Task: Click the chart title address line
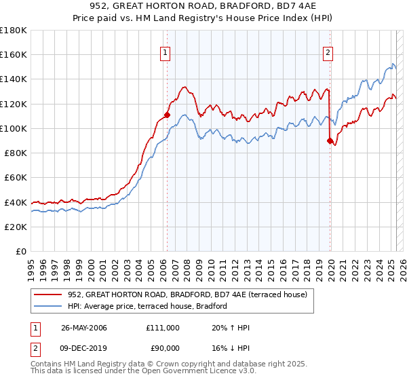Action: [x=203, y=5]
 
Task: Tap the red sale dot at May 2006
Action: [x=167, y=115]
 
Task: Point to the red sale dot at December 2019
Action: [x=330, y=140]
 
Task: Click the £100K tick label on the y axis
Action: [x=14, y=128]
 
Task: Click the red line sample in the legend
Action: [x=50, y=294]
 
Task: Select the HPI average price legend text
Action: [x=147, y=306]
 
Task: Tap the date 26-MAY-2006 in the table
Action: [x=84, y=328]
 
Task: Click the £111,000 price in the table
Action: [x=163, y=328]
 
